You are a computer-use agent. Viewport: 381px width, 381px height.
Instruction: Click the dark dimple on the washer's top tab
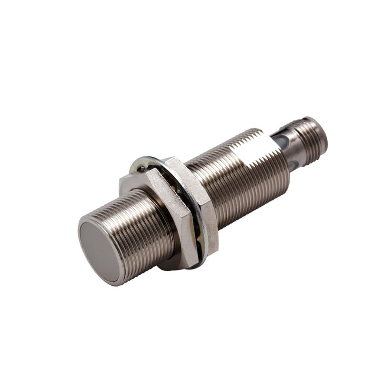(141, 168)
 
